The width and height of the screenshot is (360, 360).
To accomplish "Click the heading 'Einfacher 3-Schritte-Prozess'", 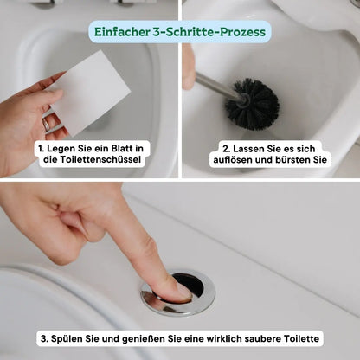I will coord(180,32).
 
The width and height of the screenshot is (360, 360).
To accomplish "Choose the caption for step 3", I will coord(180,337).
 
